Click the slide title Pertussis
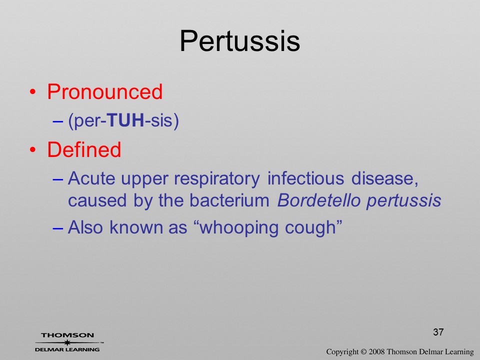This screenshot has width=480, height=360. tap(239, 41)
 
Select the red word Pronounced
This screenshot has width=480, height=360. tap(104, 91)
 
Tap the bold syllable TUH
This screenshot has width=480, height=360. tap(126, 120)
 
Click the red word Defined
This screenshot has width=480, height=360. tap(84, 149)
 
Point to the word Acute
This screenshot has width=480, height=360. tap(91, 178)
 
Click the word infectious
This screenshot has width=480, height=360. tap(306, 178)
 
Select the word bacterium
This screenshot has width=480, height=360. tap(229, 200)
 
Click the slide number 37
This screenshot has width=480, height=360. tap(438, 332)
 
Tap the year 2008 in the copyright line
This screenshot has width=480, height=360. tap(377, 351)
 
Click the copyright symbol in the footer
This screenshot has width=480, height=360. tap(363, 351)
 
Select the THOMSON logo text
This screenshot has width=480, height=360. tap(67, 335)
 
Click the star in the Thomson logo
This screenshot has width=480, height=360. tap(67, 342)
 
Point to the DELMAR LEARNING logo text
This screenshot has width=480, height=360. tap(67, 349)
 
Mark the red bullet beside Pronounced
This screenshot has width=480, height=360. tap(33, 92)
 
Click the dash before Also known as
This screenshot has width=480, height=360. tap(57, 228)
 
